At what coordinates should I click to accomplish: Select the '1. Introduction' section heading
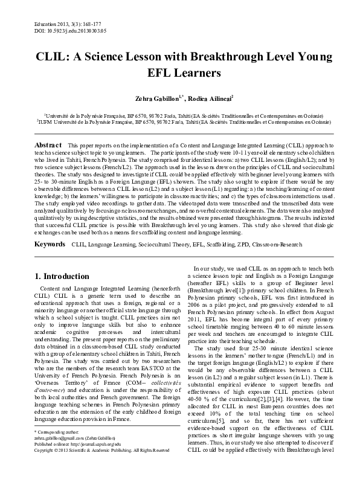[x=63, y=277]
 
